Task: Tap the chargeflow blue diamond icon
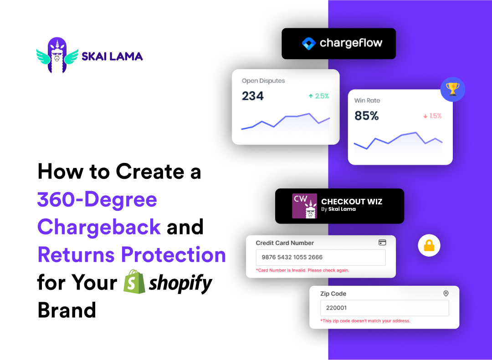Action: [309, 44]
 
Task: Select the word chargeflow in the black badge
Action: [351, 44]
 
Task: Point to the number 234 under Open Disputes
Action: [252, 96]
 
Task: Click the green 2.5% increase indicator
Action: [318, 96]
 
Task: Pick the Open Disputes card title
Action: [263, 81]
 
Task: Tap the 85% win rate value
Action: [367, 116]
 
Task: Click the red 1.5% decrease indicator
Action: [432, 116]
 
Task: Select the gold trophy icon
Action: [452, 89]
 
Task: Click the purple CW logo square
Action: [304, 206]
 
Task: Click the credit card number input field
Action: [320, 257]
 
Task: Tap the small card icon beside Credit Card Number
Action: [382, 243]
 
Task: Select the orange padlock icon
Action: [429, 246]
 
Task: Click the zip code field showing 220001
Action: [384, 308]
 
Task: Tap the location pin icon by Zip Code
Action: [446, 294]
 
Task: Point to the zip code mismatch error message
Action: [365, 321]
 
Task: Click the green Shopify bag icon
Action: [134, 282]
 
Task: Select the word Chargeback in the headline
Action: [99, 227]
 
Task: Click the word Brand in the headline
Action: [67, 310]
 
